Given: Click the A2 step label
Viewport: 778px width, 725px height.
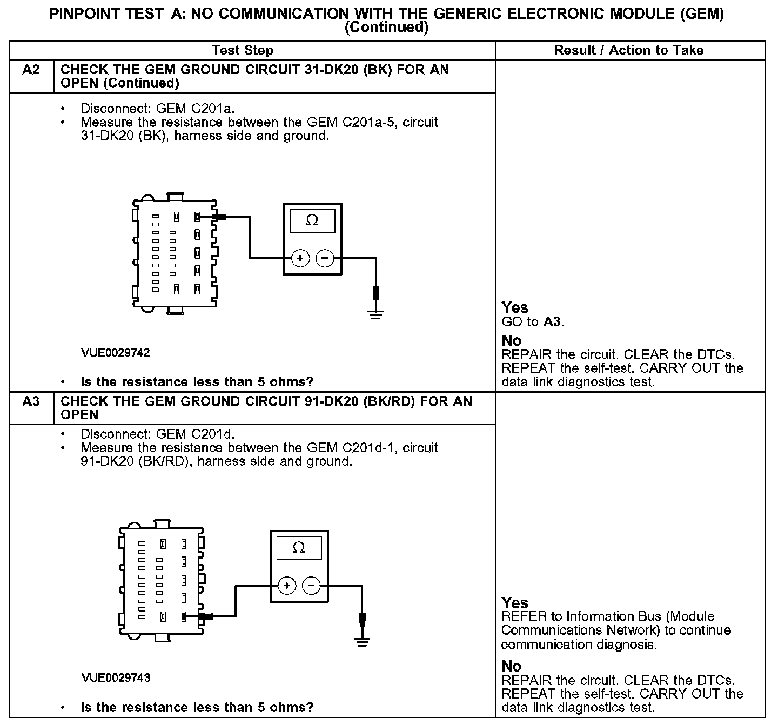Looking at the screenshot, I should pos(31,70).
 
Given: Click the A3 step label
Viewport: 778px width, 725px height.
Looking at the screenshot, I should pos(31,401).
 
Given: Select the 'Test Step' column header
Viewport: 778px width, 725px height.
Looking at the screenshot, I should pos(243,50).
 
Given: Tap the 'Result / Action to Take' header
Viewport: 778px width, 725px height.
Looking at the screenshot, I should pos(629,50).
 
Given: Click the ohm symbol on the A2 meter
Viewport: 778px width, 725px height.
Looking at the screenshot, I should pos(312,220).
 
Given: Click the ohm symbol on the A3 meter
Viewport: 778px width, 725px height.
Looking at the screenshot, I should pos(299,548).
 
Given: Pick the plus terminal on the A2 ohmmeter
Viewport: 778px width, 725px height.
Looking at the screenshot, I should pos(300,259).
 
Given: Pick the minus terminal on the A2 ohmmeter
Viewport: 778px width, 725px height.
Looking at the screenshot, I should pos(324,259).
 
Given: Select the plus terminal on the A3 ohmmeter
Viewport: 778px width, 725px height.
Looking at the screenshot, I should pos(287,586).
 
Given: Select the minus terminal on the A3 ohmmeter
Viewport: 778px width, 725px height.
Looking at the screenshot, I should pos(311,586).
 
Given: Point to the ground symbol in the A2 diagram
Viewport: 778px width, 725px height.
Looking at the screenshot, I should pos(376,314).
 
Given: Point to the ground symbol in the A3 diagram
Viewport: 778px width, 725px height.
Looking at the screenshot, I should pos(363,641).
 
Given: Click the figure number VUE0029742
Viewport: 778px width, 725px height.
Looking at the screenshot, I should pos(116,353).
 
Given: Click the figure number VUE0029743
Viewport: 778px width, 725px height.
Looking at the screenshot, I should pos(116,677).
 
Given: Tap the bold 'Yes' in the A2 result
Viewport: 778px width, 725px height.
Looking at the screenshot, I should pos(515,307).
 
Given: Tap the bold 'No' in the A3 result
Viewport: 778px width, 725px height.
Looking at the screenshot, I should pos(512,666).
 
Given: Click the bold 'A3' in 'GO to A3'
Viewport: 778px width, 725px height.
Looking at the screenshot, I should pos(552,323).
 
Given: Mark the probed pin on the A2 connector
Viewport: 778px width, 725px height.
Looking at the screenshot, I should pos(197,217).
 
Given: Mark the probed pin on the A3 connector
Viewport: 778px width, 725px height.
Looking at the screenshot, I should pos(184,616).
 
